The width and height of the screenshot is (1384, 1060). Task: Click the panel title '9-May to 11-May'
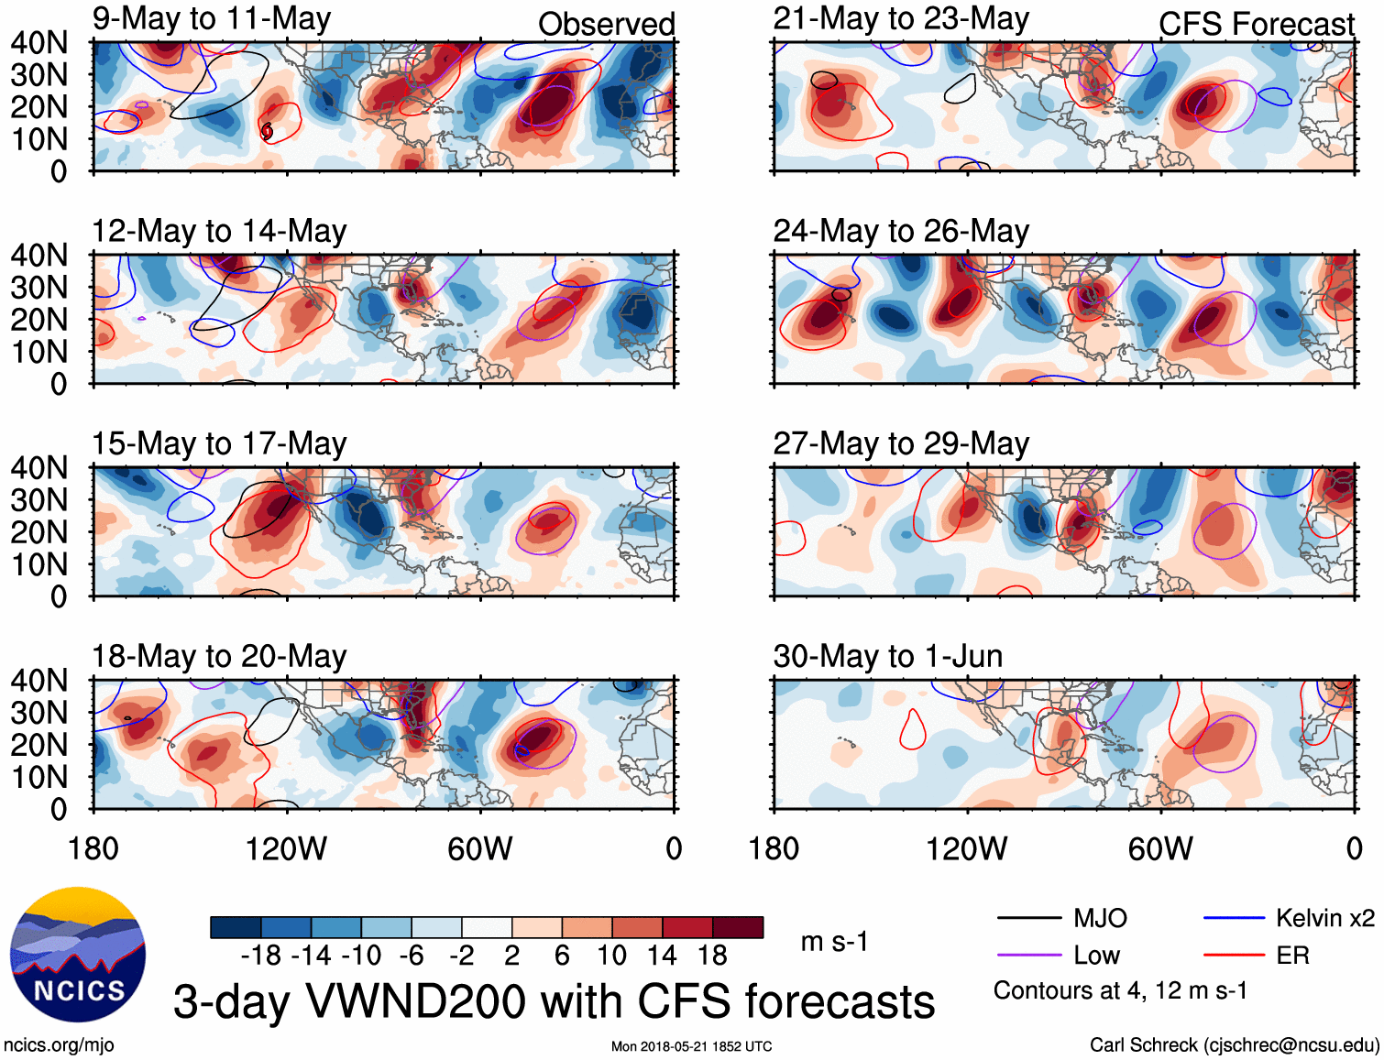(x=212, y=19)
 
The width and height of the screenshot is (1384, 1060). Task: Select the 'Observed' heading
(x=606, y=24)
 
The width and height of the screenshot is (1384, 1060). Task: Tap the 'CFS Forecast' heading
(x=1256, y=24)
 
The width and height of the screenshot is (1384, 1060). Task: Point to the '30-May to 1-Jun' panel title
(x=887, y=656)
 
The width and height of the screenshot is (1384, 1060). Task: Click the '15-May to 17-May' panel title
(x=219, y=443)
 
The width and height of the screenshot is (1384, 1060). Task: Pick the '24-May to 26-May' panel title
(x=901, y=231)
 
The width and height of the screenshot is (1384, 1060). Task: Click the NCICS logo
(x=78, y=955)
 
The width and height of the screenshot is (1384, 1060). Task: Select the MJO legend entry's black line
(x=1028, y=918)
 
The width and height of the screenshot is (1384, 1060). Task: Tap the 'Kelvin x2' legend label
(x=1324, y=918)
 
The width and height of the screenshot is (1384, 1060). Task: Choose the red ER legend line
(x=1234, y=956)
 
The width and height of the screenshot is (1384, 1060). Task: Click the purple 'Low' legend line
(x=1028, y=956)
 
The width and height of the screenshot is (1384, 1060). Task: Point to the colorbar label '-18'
(x=260, y=956)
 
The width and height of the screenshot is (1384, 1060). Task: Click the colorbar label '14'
(x=661, y=956)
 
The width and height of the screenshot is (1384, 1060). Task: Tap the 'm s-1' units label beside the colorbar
(x=834, y=942)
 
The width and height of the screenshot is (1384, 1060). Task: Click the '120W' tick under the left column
(x=286, y=849)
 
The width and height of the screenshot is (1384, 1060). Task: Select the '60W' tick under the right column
(x=1160, y=849)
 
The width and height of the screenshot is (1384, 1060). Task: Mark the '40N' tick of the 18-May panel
(x=39, y=681)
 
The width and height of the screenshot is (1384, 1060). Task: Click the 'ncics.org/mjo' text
(x=59, y=1045)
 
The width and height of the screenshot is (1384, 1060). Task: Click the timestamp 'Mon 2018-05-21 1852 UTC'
(x=691, y=1046)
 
